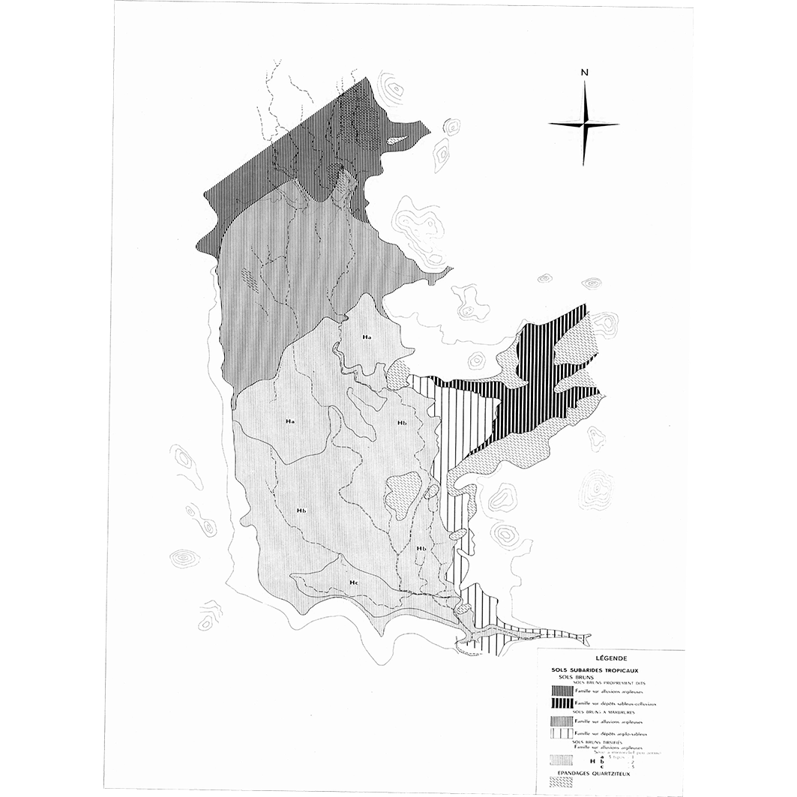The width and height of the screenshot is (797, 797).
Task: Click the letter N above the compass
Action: (583, 73)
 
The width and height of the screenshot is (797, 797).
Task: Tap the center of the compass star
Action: (583, 124)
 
